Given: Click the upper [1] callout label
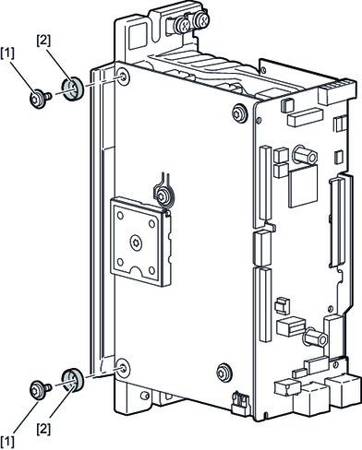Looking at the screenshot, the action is click(x=7, y=53).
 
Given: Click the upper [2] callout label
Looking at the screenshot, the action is click(x=43, y=40).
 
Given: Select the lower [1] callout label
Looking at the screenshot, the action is click(x=7, y=442).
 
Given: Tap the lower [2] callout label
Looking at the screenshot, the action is click(x=43, y=429).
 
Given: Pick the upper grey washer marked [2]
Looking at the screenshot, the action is click(x=72, y=89).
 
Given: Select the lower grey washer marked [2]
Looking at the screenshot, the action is click(x=72, y=379).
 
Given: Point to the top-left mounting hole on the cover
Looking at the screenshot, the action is click(x=124, y=77).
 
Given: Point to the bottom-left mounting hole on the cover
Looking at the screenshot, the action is click(x=123, y=368).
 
